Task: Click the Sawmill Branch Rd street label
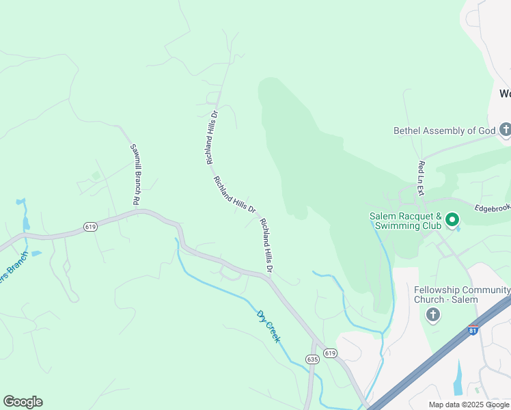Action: [x=135, y=175]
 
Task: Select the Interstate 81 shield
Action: [x=473, y=330]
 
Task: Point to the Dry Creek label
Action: [x=268, y=326]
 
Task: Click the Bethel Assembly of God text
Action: [x=444, y=131]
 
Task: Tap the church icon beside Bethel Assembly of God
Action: [x=506, y=130]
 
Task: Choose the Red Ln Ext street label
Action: [x=422, y=177]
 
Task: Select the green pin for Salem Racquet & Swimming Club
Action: [x=452, y=220]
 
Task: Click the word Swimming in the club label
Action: [x=402, y=225]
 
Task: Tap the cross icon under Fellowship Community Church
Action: [x=432, y=314]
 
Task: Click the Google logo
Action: [x=23, y=402]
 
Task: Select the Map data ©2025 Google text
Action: [x=468, y=405]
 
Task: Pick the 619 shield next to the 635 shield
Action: [x=331, y=353]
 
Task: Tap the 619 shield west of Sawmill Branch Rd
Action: [x=90, y=226]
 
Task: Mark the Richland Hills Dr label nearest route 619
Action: [x=266, y=246]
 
